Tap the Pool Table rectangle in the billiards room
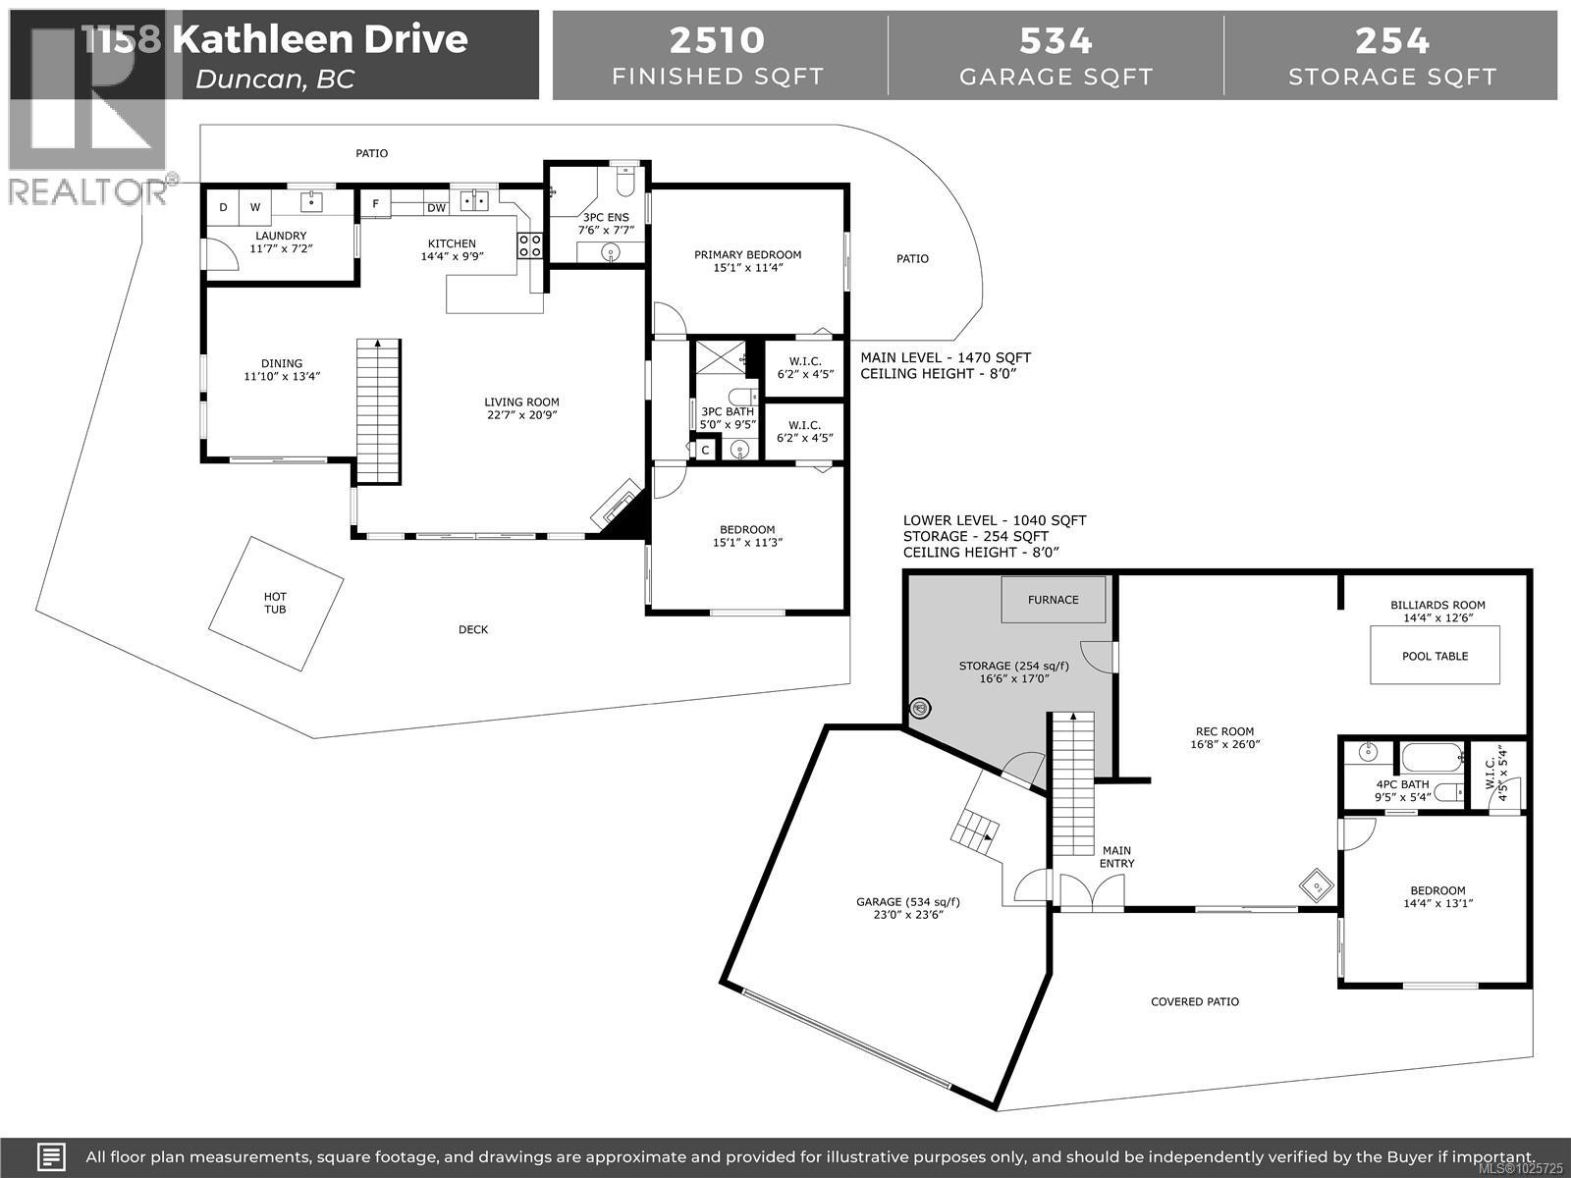click(x=1435, y=656)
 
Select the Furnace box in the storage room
click(x=1053, y=600)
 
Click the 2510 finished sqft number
click(x=717, y=40)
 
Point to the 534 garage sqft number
click(x=1056, y=40)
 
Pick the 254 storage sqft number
click(x=1392, y=40)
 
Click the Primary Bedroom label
click(x=747, y=255)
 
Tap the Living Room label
click(x=521, y=402)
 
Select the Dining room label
click(x=282, y=363)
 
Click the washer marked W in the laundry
click(x=255, y=207)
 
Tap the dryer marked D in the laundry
click(x=223, y=207)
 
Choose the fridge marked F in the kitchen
click(x=375, y=205)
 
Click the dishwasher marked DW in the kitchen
click(x=436, y=208)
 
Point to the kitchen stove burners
click(x=530, y=245)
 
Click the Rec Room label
click(x=1224, y=731)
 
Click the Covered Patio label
click(x=1195, y=1002)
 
